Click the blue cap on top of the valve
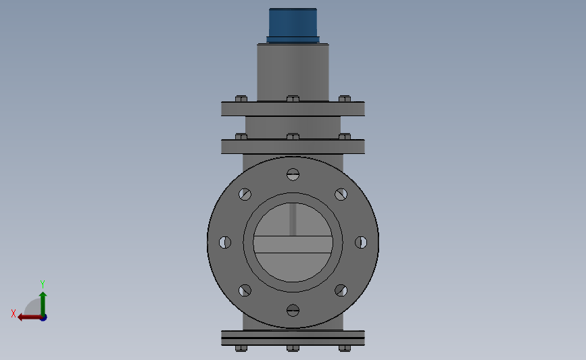pos(293,24)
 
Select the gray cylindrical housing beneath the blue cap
pos(293,71)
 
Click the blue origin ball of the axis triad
pos(43,317)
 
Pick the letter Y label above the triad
pos(42,284)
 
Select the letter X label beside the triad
pos(14,313)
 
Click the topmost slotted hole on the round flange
pos(293,174)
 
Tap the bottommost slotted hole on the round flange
pos(293,310)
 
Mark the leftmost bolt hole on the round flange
pos(225,242)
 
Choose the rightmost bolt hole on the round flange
pos(361,242)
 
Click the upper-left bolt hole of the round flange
pos(245,195)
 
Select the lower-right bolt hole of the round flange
pos(341,290)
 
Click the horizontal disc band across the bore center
pos(293,245)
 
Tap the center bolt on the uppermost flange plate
pos(293,99)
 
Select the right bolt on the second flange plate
pos(345,136)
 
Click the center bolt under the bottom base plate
pos(293,348)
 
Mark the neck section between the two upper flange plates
pos(293,125)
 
